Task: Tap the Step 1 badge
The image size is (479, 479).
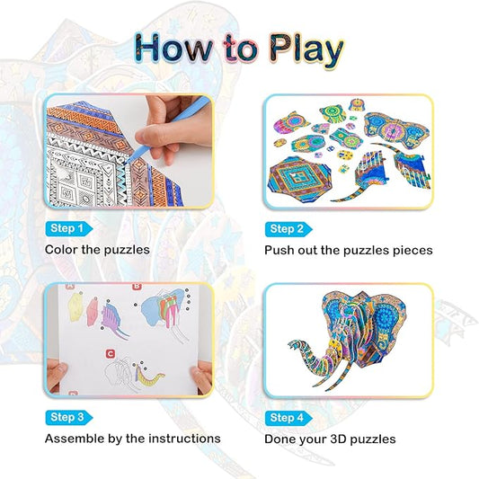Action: (67, 228)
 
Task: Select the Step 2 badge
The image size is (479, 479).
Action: (287, 228)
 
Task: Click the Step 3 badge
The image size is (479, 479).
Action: (67, 417)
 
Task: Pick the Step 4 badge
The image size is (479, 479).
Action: (287, 417)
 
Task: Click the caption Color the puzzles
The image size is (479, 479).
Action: (97, 250)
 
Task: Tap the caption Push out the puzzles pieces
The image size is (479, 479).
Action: (349, 250)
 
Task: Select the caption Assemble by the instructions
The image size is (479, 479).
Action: (132, 439)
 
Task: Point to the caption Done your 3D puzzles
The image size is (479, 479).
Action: (330, 439)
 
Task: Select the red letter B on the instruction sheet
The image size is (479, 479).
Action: (137, 289)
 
